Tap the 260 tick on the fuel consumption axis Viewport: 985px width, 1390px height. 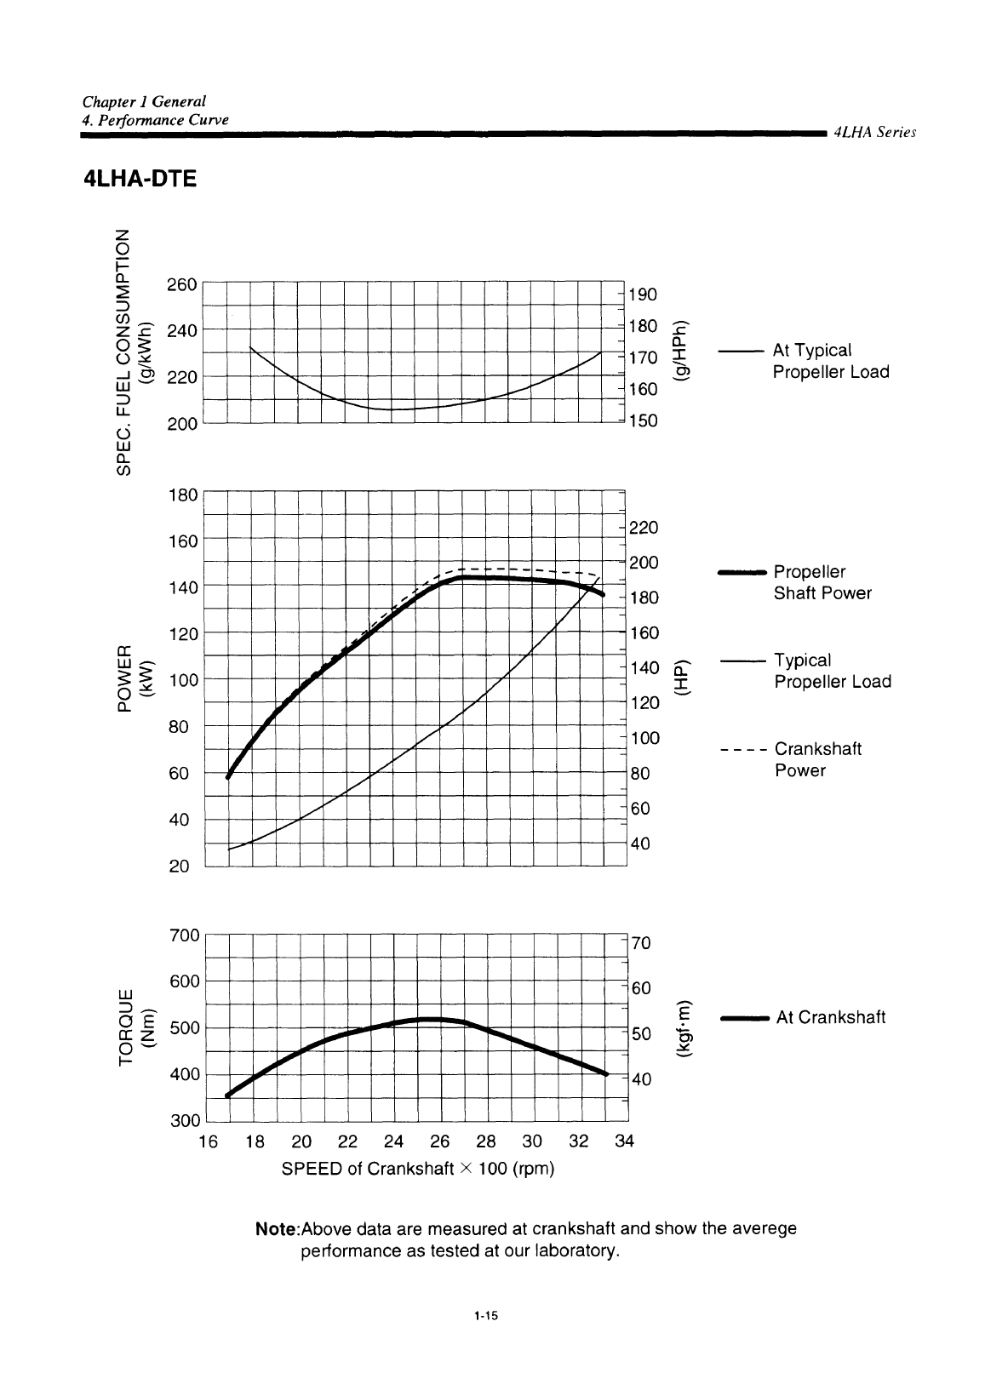click(x=182, y=284)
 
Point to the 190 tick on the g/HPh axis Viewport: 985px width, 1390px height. click(x=643, y=295)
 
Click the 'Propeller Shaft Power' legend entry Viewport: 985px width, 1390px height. click(x=822, y=582)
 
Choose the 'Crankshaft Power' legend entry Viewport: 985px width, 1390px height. click(x=817, y=759)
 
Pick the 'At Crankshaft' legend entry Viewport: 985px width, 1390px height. click(x=831, y=1017)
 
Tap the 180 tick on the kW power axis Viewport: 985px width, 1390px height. click(x=182, y=495)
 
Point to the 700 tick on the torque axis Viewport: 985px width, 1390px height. click(x=184, y=935)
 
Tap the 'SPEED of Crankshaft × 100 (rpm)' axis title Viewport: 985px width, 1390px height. click(x=418, y=1169)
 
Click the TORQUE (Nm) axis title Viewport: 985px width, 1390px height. click(x=137, y=1027)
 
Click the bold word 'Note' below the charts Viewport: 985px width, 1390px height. click(x=277, y=1230)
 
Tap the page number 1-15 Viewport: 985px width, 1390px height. click(x=486, y=1316)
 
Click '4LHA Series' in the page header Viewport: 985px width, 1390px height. click(x=874, y=133)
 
